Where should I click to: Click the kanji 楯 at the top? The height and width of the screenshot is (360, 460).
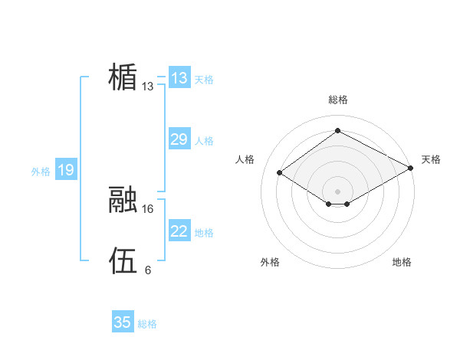pos(123,77)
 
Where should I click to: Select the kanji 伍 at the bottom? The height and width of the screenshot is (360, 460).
pos(123,260)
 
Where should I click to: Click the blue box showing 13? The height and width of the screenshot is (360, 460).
pos(179,78)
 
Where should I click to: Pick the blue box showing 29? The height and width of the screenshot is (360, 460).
pos(179,139)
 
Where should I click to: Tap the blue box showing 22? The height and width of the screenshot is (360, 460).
pos(179,231)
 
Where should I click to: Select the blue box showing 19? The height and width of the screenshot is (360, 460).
pos(65,170)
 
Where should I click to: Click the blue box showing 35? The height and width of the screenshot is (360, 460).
pos(123,322)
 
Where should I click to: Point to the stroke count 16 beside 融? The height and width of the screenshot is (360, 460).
pos(148,208)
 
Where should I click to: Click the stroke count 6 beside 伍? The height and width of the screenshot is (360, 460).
pos(148,270)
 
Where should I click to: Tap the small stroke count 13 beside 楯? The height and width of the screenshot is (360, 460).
pos(148,87)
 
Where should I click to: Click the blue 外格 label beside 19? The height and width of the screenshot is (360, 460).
pos(41,172)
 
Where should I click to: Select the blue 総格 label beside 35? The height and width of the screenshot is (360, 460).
pos(147,324)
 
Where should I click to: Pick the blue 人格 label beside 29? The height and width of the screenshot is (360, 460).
pos(204,141)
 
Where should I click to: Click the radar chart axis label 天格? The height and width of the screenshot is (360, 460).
pos(431,159)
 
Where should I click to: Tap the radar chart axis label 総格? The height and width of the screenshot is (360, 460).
pos(337,100)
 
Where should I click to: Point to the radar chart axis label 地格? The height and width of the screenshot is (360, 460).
pos(402,262)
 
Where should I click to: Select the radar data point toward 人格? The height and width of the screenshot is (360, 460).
pos(280,173)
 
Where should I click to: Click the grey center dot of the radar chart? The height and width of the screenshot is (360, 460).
pos(337,191)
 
